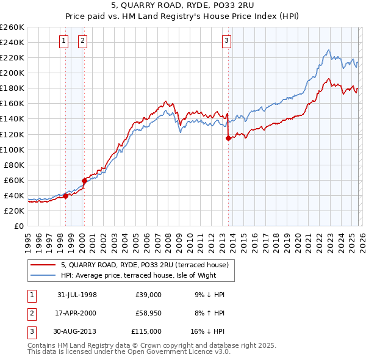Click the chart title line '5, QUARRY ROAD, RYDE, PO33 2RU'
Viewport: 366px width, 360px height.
183,6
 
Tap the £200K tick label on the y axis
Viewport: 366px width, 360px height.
12,73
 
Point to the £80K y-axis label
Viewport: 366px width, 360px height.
14,165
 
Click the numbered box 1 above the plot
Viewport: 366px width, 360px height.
64,41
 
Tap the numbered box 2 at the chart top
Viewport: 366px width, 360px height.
82,41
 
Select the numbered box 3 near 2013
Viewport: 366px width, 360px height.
226,41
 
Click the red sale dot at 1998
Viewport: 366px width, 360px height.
66,196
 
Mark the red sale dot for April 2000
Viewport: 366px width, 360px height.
84,181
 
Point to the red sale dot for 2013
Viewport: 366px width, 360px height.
228,138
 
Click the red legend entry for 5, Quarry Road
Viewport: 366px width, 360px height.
145,265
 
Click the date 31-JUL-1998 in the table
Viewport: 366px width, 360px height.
77,295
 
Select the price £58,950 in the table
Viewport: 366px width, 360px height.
148,312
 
